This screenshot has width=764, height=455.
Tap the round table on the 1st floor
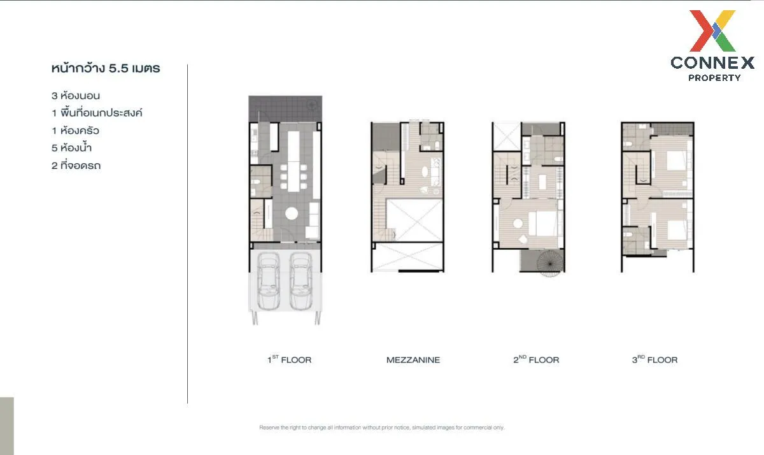tap(291, 213)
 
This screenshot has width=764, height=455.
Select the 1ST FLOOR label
tap(289, 360)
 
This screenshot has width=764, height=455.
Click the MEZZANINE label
tap(413, 360)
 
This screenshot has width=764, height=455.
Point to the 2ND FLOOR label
tap(536, 360)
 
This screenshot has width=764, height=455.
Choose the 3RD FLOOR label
tap(654, 360)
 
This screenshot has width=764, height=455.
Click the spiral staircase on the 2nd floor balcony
tap(546, 263)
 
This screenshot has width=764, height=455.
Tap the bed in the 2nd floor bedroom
tap(544, 223)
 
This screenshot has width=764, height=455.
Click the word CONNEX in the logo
tap(712, 62)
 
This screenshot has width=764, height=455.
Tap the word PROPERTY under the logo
tap(714, 78)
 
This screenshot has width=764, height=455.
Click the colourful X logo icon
tap(712, 31)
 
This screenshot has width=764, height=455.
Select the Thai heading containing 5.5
tap(105, 68)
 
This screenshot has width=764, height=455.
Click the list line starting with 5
tap(76, 148)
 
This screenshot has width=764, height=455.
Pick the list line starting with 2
tap(76, 166)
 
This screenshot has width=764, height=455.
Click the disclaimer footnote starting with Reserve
tap(382, 428)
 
